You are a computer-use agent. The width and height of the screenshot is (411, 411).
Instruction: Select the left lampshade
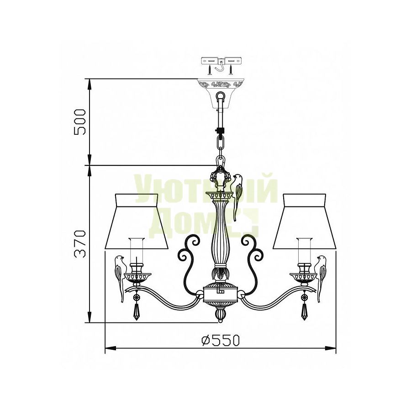point(137,221)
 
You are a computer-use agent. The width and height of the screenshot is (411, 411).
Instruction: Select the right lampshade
point(305,221)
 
